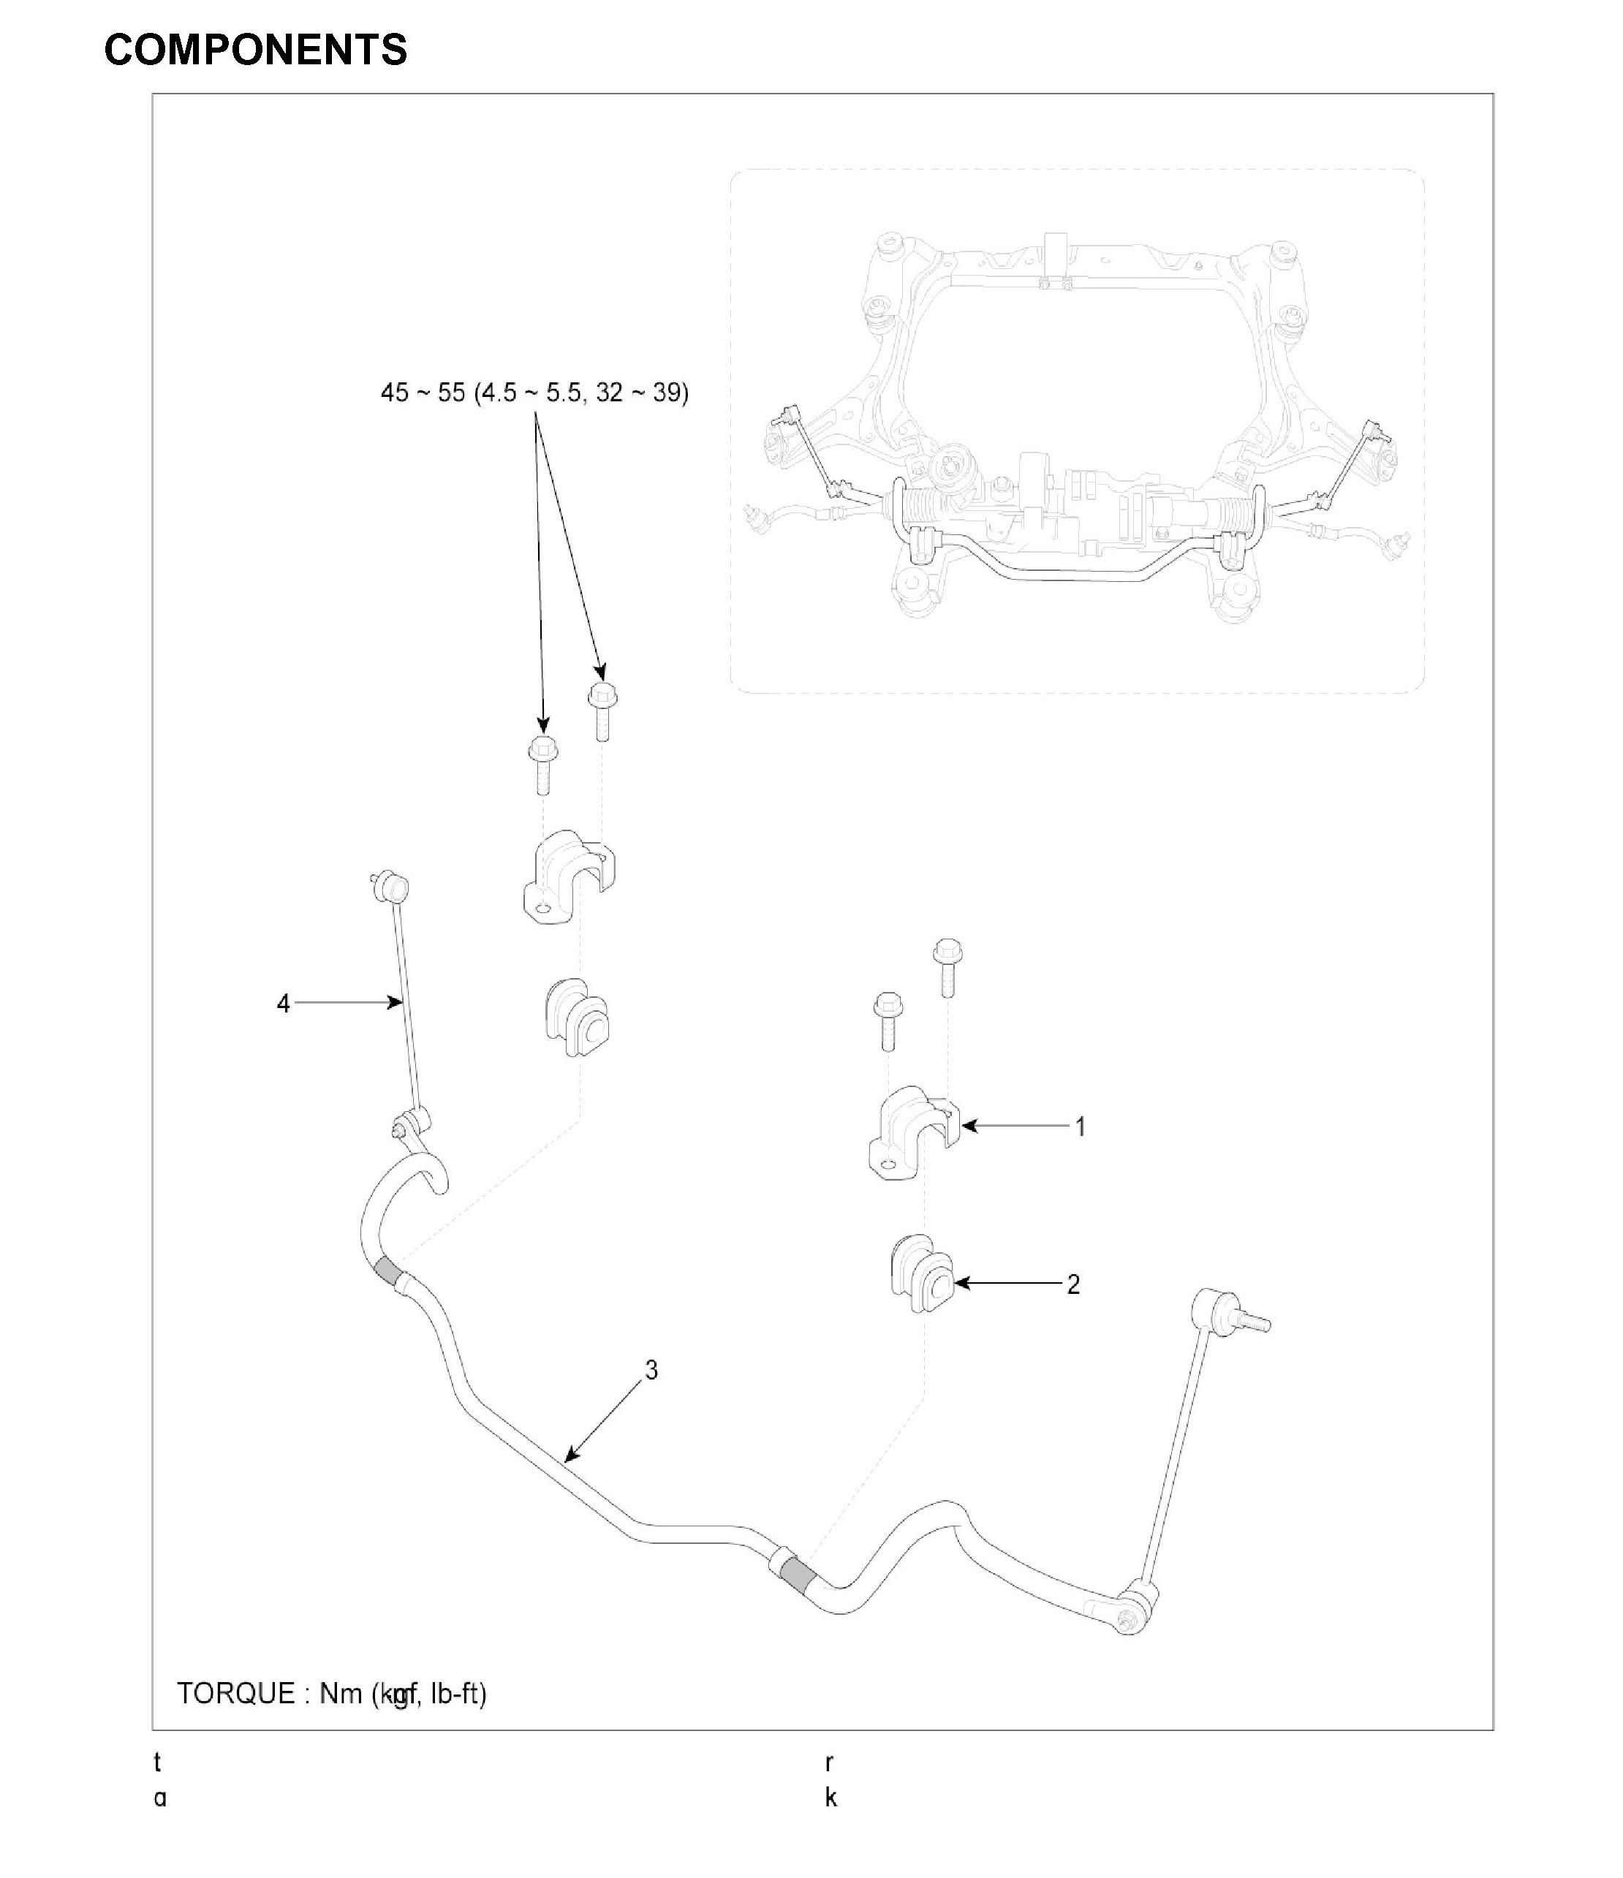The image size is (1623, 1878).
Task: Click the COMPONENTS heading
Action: [256, 50]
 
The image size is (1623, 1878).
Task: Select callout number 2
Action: [1073, 1284]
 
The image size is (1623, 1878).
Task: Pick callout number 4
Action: [283, 1004]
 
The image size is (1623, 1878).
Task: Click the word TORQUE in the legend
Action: [235, 1693]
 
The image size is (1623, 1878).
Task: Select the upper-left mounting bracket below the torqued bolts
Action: [568, 876]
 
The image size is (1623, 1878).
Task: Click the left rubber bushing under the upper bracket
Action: [575, 1017]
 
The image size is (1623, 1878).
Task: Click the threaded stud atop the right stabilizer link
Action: [1256, 1324]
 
